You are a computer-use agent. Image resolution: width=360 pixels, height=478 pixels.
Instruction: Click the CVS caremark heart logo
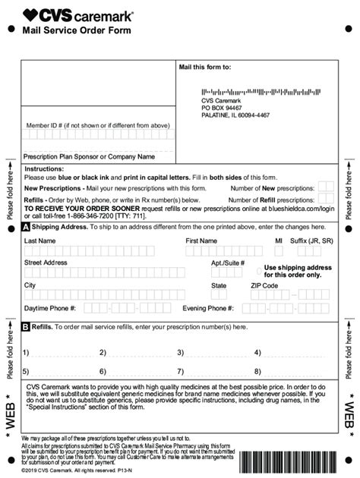31,14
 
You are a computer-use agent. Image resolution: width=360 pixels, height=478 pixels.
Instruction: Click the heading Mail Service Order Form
77,30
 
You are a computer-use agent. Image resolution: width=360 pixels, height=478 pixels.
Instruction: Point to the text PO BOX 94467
224,108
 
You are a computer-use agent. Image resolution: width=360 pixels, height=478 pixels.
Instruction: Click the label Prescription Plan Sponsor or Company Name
90,157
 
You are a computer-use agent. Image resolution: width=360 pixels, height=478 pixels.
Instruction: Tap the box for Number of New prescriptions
326,187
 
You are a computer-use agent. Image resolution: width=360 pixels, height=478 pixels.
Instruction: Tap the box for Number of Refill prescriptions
326,199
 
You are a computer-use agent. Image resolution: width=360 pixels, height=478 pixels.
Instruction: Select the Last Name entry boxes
99,250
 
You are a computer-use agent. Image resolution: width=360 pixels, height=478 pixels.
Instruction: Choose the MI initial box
279,250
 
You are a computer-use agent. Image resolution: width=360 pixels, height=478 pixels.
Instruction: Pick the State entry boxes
220,295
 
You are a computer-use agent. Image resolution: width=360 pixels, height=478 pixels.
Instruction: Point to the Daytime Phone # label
50,309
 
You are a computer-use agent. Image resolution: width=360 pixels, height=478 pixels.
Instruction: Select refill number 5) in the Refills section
26,372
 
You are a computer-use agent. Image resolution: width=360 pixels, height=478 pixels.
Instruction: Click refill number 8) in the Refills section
258,372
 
